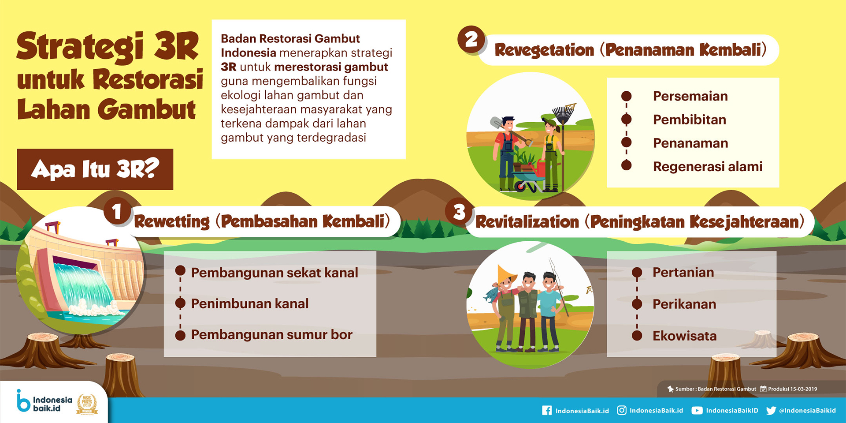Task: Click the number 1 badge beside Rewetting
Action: pos(117,211)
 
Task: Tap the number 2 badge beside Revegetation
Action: pos(471,39)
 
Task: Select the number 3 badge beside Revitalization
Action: pos(459,212)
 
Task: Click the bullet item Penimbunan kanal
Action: pos(250,303)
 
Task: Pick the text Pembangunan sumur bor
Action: pos(272,335)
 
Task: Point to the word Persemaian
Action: pos(690,96)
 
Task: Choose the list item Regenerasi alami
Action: pos(708,167)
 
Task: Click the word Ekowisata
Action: pos(684,336)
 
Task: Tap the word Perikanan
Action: pos(684,304)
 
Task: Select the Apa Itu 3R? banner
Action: pos(95,169)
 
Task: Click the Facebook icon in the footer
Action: pos(547,411)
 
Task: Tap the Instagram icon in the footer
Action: pos(621,411)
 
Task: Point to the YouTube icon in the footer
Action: pos(697,411)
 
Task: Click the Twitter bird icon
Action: pos(771,411)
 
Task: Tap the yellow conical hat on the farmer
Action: pos(507,274)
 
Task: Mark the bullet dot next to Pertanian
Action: pos(637,273)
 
